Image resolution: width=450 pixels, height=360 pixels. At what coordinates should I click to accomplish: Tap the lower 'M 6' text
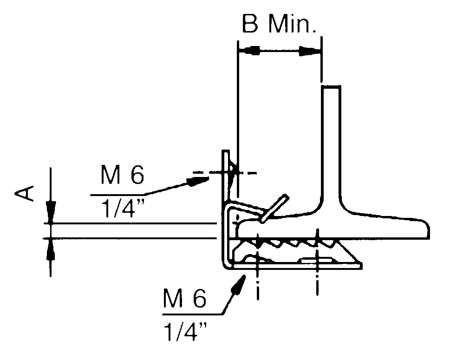tap(184, 300)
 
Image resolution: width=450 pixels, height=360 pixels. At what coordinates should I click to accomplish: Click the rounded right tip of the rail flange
tap(426, 231)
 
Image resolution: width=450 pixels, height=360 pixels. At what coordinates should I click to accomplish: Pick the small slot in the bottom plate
tap(317, 261)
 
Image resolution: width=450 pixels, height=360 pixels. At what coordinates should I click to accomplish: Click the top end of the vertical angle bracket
tap(226, 152)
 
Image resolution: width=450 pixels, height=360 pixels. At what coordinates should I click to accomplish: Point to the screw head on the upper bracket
tap(233, 172)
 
